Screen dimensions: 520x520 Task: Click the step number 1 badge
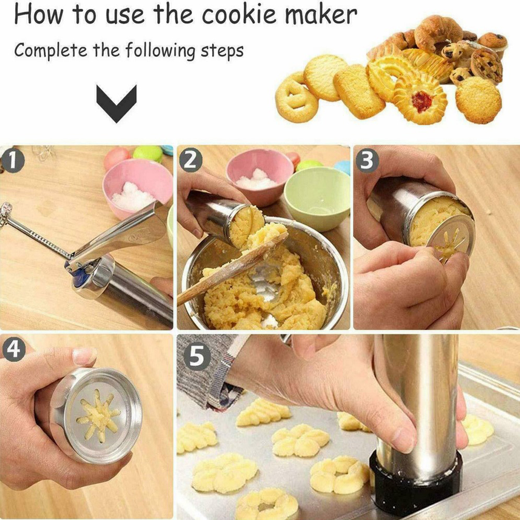tap(12, 161)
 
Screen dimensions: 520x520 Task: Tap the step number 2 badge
tap(190, 160)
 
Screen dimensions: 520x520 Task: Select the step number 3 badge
tap(367, 160)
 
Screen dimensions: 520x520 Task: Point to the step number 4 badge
tap(14, 350)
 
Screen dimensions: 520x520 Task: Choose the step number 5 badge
tap(197, 357)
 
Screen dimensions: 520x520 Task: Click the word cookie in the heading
tap(239, 15)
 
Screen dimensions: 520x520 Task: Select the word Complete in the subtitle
tap(51, 51)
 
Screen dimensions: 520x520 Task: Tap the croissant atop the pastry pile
tap(438, 33)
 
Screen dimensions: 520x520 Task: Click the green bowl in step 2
tap(317, 198)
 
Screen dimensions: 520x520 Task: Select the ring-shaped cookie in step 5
tap(267, 504)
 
